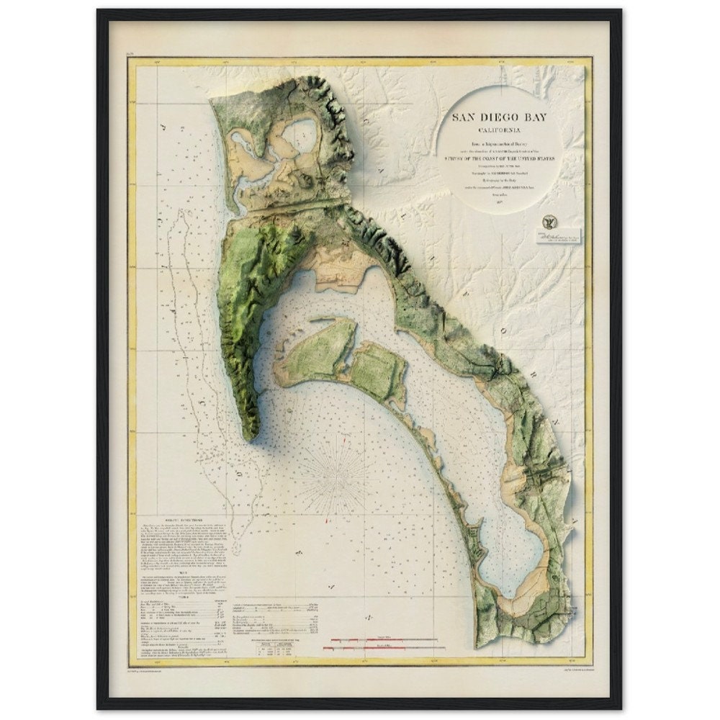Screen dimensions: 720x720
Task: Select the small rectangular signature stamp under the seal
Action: (558, 237)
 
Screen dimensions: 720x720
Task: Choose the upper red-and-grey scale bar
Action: (382, 639)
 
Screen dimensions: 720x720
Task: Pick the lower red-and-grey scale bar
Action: (382, 648)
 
